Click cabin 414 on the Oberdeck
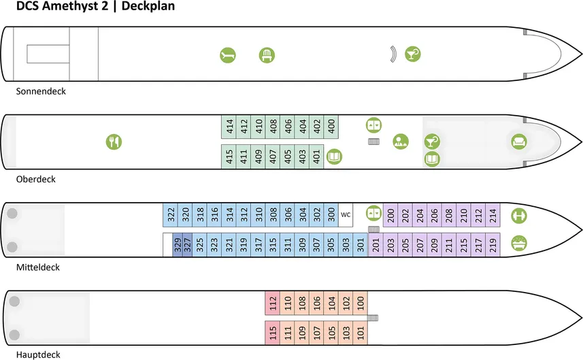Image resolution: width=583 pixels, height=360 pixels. (x=230, y=126)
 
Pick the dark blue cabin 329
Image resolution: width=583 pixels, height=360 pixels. (x=178, y=245)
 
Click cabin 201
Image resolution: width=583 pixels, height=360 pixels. (x=376, y=245)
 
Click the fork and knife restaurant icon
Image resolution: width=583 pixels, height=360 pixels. (x=114, y=142)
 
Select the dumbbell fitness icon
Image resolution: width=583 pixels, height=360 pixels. (x=519, y=215)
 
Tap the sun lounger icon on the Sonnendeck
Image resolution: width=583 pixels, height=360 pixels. (x=227, y=55)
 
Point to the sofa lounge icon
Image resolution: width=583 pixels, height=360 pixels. (x=520, y=142)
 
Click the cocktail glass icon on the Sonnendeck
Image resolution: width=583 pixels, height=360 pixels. (x=412, y=54)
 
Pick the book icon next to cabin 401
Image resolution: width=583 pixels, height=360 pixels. (x=334, y=157)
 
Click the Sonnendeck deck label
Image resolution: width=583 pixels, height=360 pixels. (x=41, y=91)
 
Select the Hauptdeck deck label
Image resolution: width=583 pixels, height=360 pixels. (x=39, y=354)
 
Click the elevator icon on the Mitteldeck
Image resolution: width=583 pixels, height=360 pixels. (x=373, y=213)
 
